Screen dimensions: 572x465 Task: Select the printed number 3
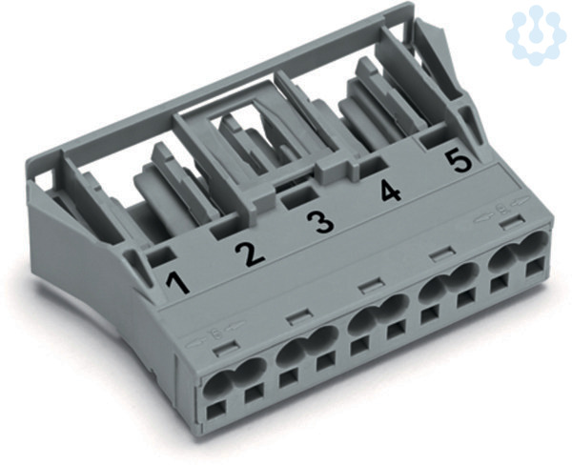pyautogui.click(x=320, y=222)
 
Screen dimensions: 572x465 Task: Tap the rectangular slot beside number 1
pyautogui.click(x=159, y=255)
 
